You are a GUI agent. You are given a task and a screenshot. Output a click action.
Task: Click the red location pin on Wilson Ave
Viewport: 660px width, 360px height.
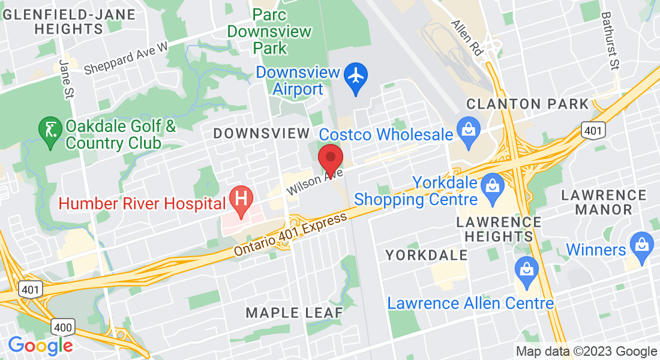[x=330, y=158]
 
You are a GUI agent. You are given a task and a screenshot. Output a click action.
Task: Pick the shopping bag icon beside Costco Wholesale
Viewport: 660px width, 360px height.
[x=466, y=128]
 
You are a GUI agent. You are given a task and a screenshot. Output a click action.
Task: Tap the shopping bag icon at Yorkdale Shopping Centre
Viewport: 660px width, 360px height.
[x=492, y=184]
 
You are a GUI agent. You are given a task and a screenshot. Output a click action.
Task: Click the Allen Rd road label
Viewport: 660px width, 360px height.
[x=467, y=37]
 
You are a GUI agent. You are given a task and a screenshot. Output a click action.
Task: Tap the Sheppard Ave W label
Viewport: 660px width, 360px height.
[x=126, y=59]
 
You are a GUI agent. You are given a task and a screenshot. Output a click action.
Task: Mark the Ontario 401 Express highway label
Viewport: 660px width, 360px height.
[x=291, y=235]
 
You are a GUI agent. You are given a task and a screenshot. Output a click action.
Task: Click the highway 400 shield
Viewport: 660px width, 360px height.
[x=62, y=327]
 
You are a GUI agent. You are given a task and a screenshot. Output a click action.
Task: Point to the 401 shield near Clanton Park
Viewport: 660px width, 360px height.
[x=593, y=130]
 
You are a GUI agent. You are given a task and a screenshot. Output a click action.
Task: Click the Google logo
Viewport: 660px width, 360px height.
[x=40, y=346]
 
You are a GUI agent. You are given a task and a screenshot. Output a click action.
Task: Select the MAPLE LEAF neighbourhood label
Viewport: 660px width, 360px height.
[x=295, y=313]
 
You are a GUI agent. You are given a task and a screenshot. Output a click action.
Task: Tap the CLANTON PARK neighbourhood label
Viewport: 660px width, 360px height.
[x=527, y=104]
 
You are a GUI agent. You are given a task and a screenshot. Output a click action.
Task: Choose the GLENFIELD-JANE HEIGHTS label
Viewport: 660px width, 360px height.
[x=60, y=21]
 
